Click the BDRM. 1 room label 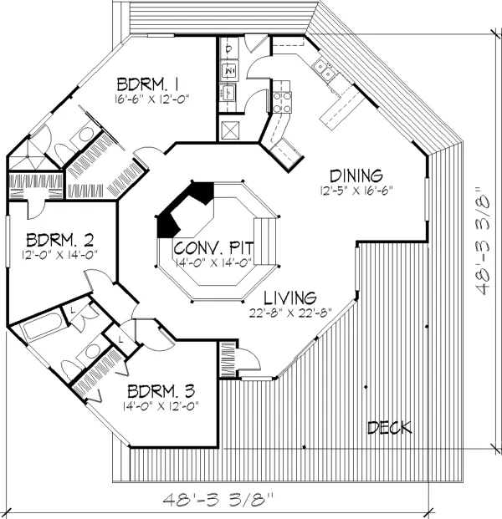[x=148, y=84]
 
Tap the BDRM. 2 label [x=59, y=240]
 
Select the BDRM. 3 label [x=161, y=391]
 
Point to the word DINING [x=356, y=176]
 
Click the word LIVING [x=290, y=298]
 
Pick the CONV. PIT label [x=213, y=247]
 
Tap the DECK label [x=390, y=428]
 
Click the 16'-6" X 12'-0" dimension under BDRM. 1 [x=152, y=99]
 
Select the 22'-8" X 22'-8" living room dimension [x=290, y=313]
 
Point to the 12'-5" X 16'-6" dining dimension [x=356, y=191]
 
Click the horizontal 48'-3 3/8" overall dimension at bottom [x=218, y=499]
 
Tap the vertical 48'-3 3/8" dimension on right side [x=483, y=241]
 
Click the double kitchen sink [x=324, y=69]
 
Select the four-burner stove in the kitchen [x=282, y=102]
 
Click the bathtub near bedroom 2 [x=41, y=325]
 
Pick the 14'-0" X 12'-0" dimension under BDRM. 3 [x=161, y=406]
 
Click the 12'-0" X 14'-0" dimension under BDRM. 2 [x=59, y=255]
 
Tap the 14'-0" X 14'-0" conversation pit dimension [x=213, y=262]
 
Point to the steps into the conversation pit [x=265, y=241]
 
